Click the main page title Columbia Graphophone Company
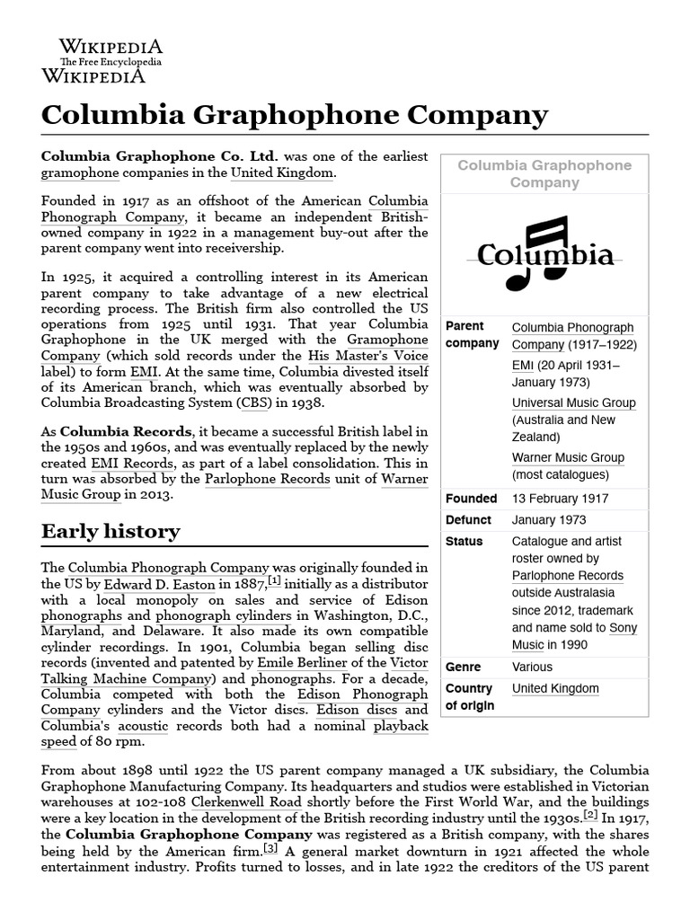(294, 115)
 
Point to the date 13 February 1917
(560, 498)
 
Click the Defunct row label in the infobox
(468, 519)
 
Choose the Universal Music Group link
(573, 402)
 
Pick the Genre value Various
(532, 667)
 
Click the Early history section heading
(111, 531)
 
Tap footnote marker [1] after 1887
(274, 580)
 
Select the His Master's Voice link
(367, 356)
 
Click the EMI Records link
(125, 463)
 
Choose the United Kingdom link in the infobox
(554, 688)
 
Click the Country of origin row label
(470, 696)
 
